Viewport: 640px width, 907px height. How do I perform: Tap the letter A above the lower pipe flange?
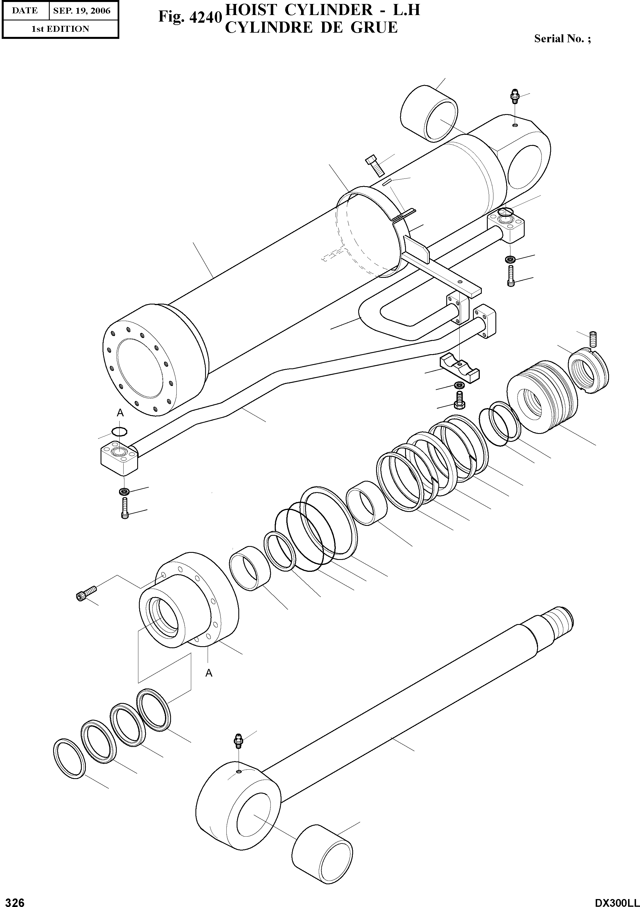click(120, 413)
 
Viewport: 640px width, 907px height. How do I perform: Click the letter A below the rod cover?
click(209, 673)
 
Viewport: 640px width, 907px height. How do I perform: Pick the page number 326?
click(13, 901)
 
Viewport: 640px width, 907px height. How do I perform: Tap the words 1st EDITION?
click(60, 29)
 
